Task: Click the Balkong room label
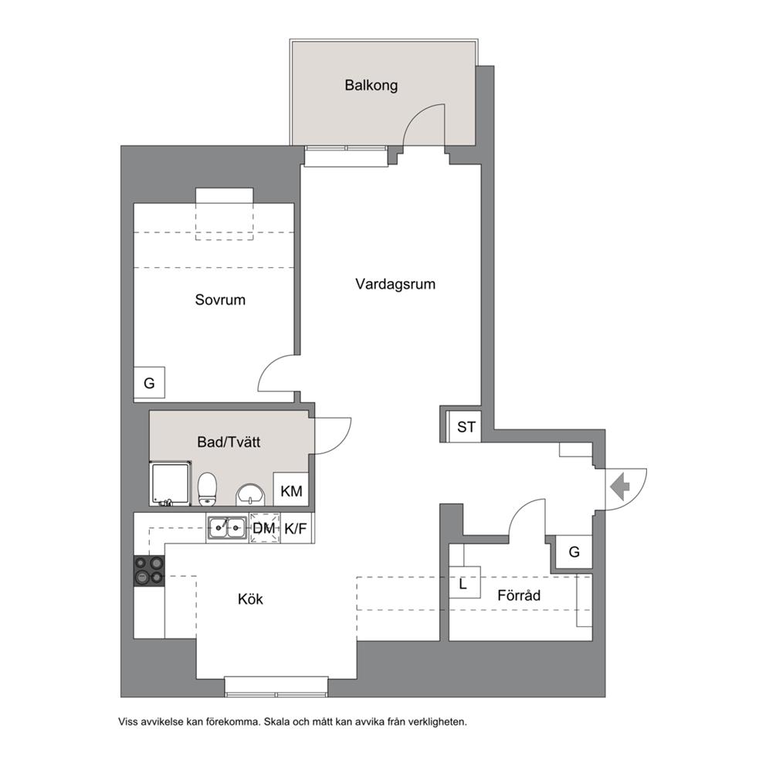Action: point(371,86)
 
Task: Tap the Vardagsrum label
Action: point(395,284)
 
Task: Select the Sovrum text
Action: point(220,300)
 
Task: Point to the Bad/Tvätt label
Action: point(229,442)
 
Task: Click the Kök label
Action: point(251,599)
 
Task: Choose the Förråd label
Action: point(519,595)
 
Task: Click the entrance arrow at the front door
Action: point(620,486)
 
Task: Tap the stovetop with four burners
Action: point(149,571)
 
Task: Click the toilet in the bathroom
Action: point(207,489)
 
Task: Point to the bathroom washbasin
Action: point(250,495)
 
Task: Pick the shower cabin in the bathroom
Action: point(170,483)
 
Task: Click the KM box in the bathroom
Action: point(291,490)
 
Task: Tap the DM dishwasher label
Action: point(264,528)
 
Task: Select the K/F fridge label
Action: point(296,528)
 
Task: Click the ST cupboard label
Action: point(466,427)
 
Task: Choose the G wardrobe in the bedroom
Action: point(150,383)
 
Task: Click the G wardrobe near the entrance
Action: point(574,552)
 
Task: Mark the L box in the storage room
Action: point(464,583)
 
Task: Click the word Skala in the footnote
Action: point(276,721)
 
